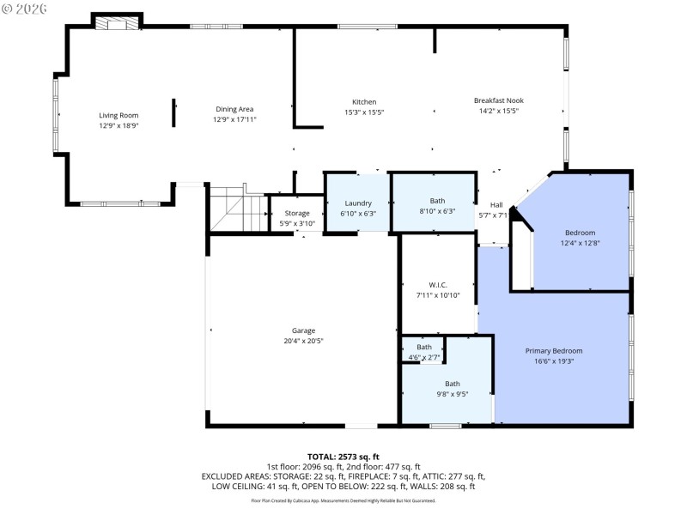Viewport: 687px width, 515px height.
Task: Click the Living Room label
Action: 118,115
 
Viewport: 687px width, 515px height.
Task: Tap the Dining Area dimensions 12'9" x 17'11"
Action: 234,119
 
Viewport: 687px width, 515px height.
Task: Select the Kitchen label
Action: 364,102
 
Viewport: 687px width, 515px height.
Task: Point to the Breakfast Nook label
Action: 498,100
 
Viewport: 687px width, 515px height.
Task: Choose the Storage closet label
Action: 297,213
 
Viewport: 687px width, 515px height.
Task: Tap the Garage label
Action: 303,330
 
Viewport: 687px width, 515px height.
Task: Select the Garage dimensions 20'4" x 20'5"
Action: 303,341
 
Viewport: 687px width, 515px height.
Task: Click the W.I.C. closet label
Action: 438,285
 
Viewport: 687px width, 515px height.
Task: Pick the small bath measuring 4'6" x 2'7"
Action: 424,352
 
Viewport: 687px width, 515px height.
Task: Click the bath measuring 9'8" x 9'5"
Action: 452,389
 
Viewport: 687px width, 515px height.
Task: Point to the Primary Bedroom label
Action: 554,351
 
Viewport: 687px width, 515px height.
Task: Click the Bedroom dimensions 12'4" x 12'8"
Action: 580,243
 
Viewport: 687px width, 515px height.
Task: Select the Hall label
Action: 496,204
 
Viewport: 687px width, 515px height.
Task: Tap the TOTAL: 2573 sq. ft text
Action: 343,457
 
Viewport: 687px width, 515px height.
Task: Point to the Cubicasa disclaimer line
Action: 343,500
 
